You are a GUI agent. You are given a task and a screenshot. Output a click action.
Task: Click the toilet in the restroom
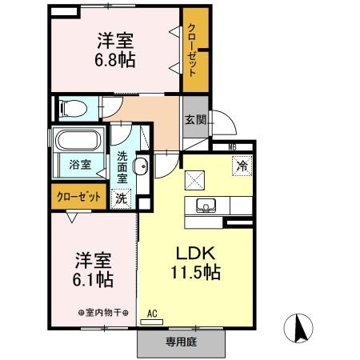click(x=74, y=109)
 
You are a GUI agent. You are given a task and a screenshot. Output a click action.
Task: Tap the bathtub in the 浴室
click(x=78, y=140)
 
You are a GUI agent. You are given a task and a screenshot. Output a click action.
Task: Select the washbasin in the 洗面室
click(x=141, y=166)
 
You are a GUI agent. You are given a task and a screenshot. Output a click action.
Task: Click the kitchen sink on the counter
click(x=206, y=206)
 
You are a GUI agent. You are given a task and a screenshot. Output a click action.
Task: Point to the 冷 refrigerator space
click(x=242, y=166)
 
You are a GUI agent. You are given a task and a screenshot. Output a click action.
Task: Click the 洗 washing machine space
click(x=121, y=198)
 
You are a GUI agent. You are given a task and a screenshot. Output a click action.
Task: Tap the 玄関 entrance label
click(x=196, y=120)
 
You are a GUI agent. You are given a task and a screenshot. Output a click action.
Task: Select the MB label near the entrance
click(x=232, y=147)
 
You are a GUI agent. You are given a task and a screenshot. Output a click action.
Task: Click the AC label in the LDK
click(x=152, y=314)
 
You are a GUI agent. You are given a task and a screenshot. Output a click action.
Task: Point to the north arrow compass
click(x=298, y=328)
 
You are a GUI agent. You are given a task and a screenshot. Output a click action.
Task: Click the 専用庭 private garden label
click(x=182, y=342)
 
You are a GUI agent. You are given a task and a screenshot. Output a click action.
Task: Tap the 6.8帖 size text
click(x=115, y=60)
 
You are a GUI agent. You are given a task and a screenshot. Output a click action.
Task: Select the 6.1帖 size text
click(x=93, y=279)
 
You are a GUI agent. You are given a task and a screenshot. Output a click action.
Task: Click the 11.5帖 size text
click(x=195, y=272)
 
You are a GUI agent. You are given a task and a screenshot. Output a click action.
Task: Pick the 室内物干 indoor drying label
click(x=103, y=313)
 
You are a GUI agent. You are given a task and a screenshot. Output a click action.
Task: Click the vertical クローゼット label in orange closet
click(x=192, y=50)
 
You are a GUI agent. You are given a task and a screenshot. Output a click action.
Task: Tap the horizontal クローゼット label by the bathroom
click(x=79, y=197)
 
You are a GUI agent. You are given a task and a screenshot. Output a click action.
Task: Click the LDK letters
click(x=195, y=254)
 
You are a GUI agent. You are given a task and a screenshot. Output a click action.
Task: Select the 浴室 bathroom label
click(x=80, y=165)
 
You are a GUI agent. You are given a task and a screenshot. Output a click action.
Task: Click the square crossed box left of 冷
click(x=195, y=180)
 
